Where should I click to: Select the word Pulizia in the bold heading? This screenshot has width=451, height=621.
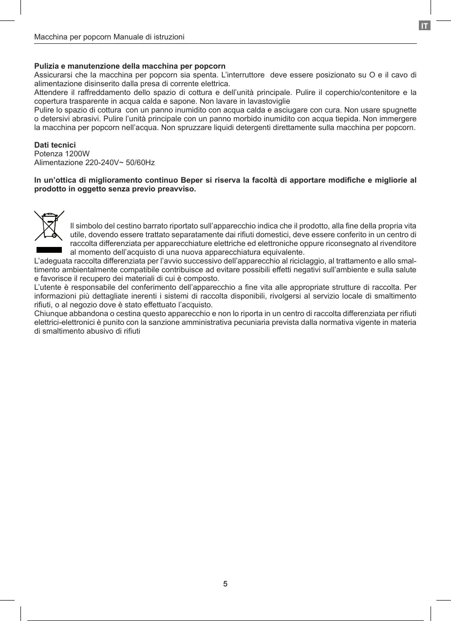click(45, 66)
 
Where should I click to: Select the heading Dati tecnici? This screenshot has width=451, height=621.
click(55, 145)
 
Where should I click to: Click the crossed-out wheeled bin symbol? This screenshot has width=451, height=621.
click(49, 226)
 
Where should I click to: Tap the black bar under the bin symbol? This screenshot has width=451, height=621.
click(49, 250)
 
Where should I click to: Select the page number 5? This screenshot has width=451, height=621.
click(225, 584)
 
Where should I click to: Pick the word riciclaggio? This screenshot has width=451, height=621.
click(302, 261)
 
